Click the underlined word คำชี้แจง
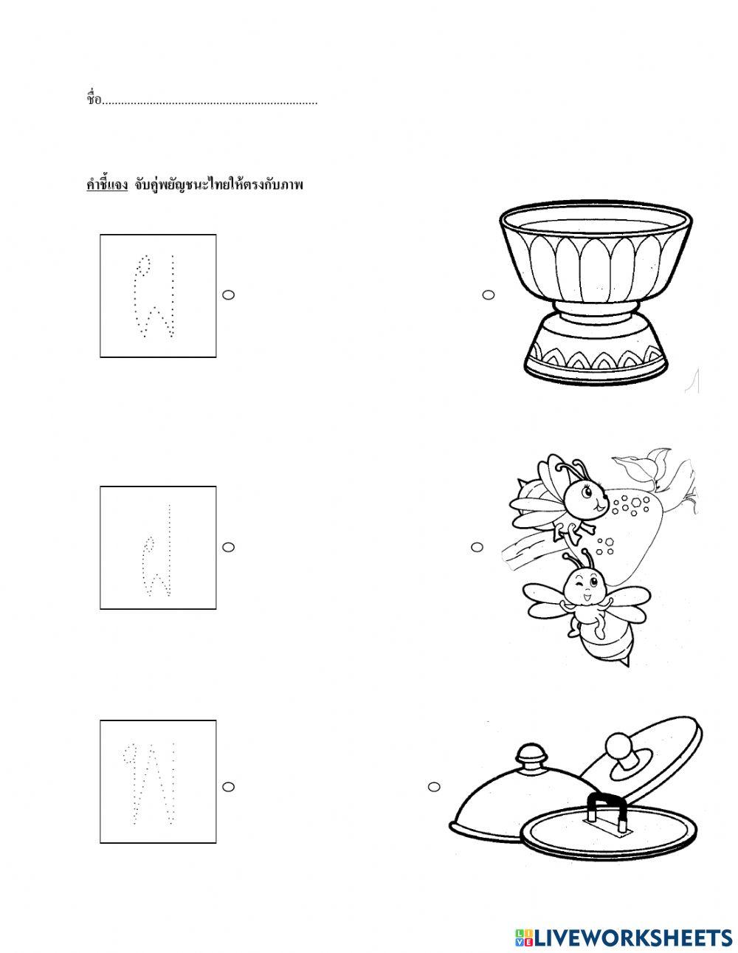[107, 186]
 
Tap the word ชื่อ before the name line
[94, 99]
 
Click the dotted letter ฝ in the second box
[156, 551]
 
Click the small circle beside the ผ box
[228, 295]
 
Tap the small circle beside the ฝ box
[228, 547]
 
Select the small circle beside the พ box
[228, 787]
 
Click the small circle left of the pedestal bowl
[489, 295]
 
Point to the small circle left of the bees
[477, 547]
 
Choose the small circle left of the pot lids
[434, 787]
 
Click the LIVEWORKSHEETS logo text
[632, 926]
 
